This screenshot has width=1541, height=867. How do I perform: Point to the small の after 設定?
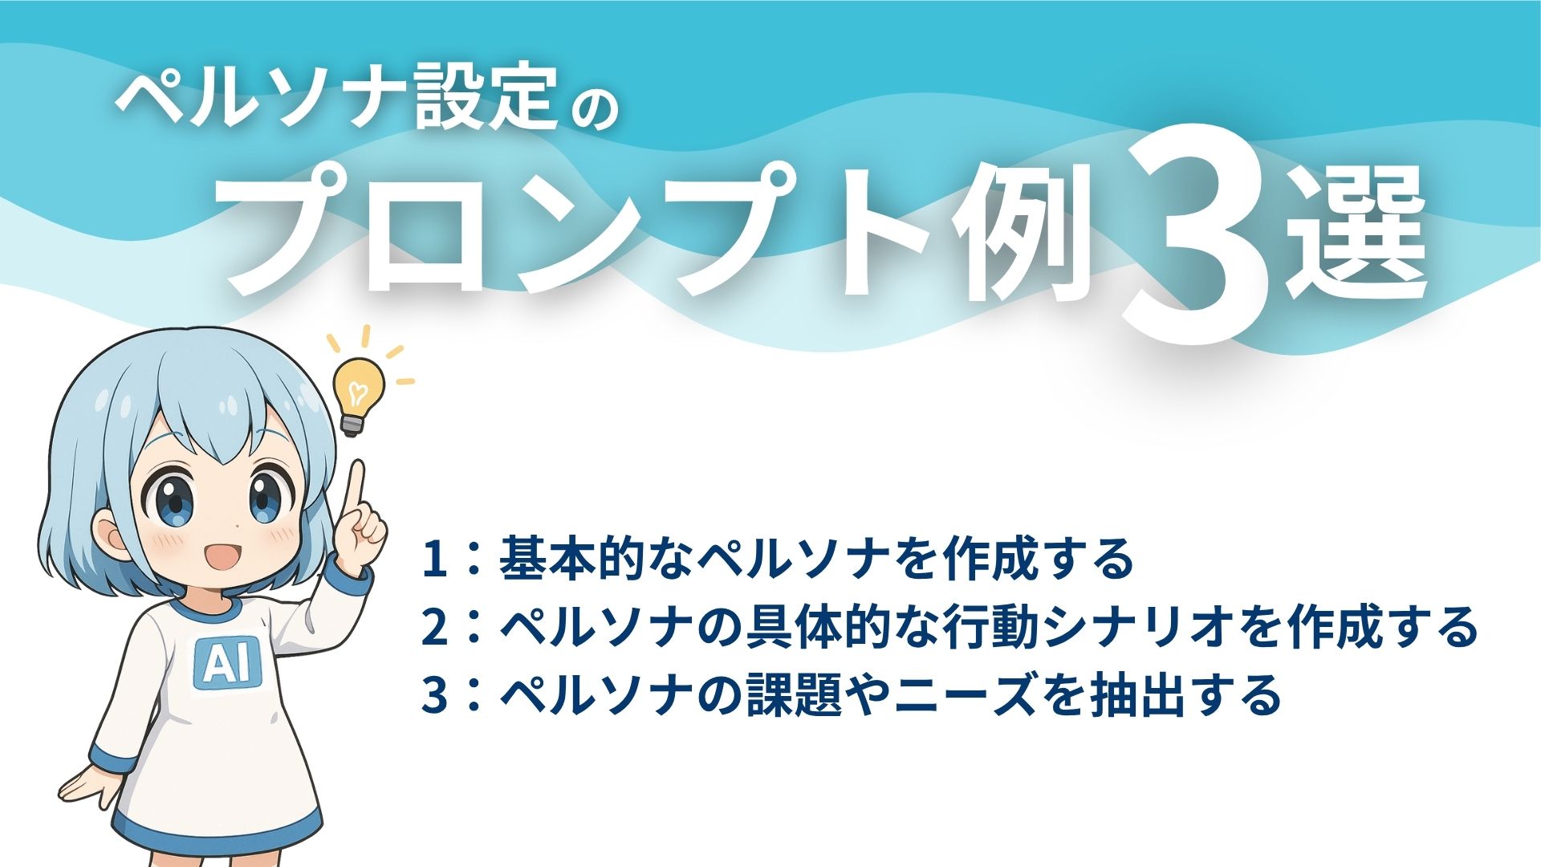click(592, 108)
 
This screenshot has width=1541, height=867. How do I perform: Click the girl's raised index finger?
click(354, 490)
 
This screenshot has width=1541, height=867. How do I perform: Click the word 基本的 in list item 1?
click(578, 560)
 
